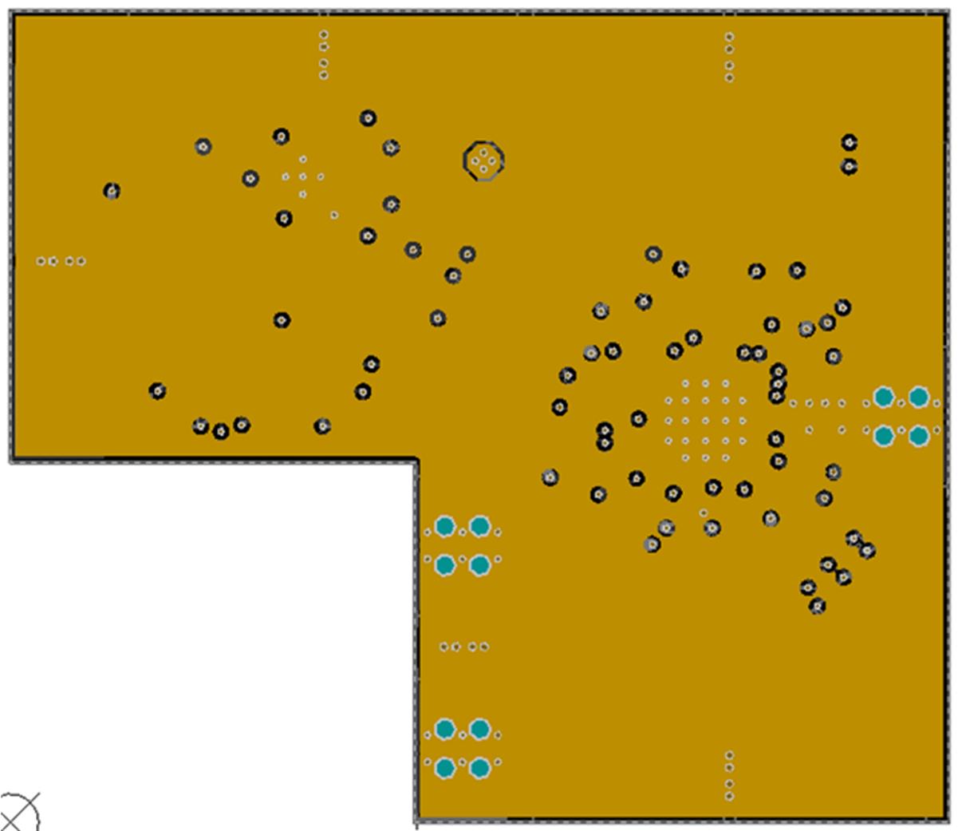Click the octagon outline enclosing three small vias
pyautogui.click(x=483, y=160)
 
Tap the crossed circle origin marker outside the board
pyautogui.click(x=18, y=813)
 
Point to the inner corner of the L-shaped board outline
pyautogui.click(x=416, y=461)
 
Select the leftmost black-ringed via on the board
pyautogui.click(x=112, y=191)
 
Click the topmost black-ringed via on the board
pyautogui.click(x=368, y=118)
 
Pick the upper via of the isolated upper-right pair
pyautogui.click(x=850, y=143)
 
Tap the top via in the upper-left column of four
pyautogui.click(x=324, y=34)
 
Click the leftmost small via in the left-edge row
pyautogui.click(x=41, y=261)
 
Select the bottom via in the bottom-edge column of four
pyautogui.click(x=729, y=796)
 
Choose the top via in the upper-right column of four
pyautogui.click(x=729, y=37)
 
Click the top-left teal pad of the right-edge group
pyautogui.click(x=883, y=397)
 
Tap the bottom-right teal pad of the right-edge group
pyautogui.click(x=919, y=436)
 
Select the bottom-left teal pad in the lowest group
pyautogui.click(x=445, y=768)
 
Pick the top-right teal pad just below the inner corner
pyautogui.click(x=479, y=526)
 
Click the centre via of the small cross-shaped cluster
pyautogui.click(x=303, y=177)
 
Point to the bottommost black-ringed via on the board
pyautogui.click(x=817, y=606)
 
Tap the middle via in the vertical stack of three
pyautogui.click(x=778, y=384)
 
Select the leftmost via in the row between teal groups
pyautogui.click(x=444, y=647)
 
